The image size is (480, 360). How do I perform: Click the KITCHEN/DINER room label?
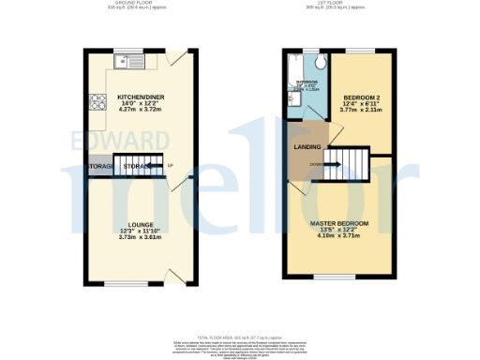[x=141, y=97]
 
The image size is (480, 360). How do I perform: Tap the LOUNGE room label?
[x=141, y=225]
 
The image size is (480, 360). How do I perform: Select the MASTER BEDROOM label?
[x=339, y=223]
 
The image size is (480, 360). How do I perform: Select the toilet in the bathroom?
[x=320, y=62]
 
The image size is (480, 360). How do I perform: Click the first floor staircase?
[x=352, y=166]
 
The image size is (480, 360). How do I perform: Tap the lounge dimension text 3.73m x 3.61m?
[x=141, y=237]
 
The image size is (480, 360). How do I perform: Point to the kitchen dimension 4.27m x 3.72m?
[x=141, y=109]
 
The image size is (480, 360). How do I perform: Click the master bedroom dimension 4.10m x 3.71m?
[x=339, y=236]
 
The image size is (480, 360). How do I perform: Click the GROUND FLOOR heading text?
[x=141, y=4]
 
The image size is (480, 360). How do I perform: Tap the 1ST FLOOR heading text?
[x=339, y=4]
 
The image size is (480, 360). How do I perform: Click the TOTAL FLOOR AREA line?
[x=239, y=336]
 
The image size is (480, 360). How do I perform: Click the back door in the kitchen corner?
[x=176, y=58]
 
